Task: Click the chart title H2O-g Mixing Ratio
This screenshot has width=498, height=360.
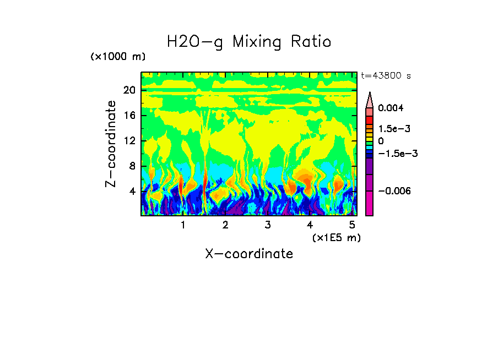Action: tap(249, 42)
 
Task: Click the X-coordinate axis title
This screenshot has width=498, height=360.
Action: tap(249, 254)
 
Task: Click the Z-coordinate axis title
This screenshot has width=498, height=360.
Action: tap(111, 143)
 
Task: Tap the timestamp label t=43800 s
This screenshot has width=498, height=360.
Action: tap(386, 76)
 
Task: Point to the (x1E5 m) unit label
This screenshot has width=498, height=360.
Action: tap(336, 238)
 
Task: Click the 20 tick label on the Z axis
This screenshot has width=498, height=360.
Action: tap(129, 90)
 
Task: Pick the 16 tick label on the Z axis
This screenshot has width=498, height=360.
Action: tap(129, 116)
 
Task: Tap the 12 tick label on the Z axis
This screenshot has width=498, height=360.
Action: tap(129, 141)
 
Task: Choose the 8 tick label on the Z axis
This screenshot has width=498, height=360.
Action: tap(132, 166)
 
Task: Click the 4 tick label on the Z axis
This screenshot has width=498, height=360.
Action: tap(132, 192)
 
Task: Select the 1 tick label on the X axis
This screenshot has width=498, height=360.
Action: tap(183, 225)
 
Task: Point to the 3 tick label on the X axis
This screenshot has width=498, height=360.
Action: tap(267, 225)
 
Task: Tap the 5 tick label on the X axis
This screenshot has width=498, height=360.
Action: tap(352, 225)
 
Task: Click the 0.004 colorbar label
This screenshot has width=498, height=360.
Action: tap(391, 108)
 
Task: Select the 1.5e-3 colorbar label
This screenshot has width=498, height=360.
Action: tap(394, 129)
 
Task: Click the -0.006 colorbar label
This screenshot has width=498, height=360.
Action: tap(394, 191)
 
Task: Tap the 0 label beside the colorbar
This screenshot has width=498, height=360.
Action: tap(381, 141)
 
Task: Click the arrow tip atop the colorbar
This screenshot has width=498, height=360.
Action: tap(370, 94)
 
